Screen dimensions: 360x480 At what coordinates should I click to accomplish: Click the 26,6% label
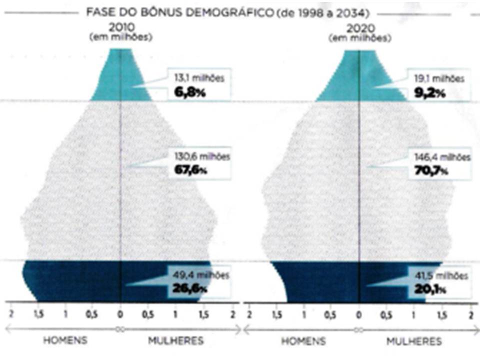190,288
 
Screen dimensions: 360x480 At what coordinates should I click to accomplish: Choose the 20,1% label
430,288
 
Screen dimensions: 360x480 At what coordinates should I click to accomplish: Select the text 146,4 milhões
439,156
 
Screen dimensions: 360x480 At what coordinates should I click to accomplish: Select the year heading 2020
360,29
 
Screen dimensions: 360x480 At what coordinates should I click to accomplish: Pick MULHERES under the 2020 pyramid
414,341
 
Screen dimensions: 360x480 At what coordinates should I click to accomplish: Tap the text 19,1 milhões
438,78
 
